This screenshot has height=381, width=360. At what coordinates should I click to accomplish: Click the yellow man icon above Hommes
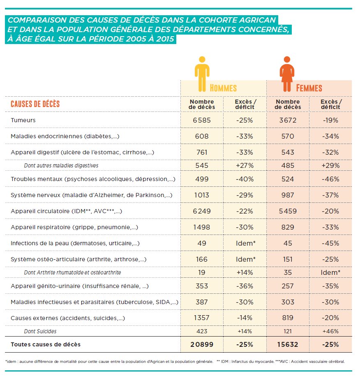202,74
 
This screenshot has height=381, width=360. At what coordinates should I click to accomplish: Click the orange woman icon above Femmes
287,74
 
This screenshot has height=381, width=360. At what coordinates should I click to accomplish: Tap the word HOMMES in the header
223,88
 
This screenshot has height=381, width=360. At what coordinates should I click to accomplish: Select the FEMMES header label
309,88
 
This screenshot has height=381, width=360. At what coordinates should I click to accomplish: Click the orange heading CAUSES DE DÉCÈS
35,104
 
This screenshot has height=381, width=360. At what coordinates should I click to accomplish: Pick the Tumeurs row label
23,120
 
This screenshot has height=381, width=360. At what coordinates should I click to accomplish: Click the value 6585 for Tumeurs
202,120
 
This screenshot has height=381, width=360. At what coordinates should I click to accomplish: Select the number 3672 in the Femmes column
288,120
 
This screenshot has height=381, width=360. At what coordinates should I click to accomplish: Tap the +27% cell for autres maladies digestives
245,165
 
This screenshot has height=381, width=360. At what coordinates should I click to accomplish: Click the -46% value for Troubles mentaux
330,179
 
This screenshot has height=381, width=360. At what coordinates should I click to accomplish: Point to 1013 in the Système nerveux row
202,195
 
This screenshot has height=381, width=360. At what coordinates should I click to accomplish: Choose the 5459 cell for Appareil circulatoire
288,211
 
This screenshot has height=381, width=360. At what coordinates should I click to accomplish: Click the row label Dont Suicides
40,332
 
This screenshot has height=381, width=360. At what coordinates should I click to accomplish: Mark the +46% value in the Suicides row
330,332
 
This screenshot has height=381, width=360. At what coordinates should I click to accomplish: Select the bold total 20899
202,344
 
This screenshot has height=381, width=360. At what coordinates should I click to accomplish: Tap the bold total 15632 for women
288,344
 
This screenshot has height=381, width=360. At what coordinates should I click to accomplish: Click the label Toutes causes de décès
46,344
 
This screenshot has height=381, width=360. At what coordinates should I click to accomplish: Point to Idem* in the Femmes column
330,273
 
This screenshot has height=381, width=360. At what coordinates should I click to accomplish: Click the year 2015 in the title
165,39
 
